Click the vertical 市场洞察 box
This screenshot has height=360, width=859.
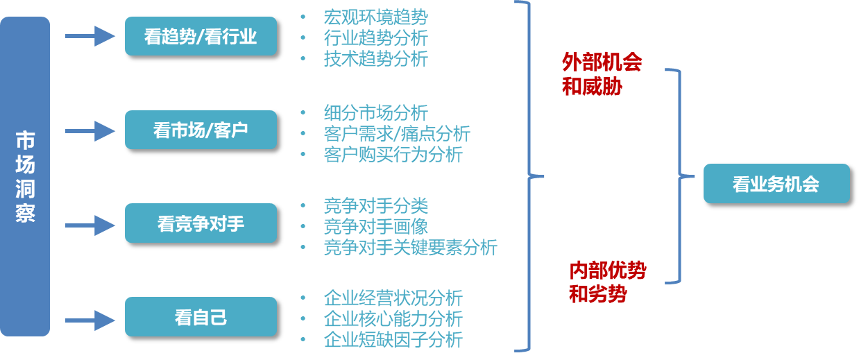pos(25,176)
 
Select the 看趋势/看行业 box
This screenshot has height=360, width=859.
pos(201,36)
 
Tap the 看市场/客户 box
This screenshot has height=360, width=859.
pos(201,130)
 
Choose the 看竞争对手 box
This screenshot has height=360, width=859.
pos(201,223)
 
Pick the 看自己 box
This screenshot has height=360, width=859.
pos(201,317)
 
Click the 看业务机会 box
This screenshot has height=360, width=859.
pos(776,184)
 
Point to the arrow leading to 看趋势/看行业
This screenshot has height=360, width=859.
pos(90,36)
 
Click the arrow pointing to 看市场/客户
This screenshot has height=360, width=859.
pos(90,130)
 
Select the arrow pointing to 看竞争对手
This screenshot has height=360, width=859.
pos(90,225)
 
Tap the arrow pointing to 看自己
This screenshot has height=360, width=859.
pos(90,320)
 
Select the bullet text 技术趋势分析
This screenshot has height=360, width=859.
pos(375,59)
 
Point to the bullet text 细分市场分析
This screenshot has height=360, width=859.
pos(375,112)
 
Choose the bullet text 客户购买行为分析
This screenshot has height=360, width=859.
pos(393,154)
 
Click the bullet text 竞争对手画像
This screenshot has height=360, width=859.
pos(375,226)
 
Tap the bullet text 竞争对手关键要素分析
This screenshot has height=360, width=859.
pos(410,247)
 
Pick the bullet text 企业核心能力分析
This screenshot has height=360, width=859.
pos(393,319)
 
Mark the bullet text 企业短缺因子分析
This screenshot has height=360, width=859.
pos(393,340)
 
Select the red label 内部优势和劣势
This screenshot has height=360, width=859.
pos(606,282)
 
